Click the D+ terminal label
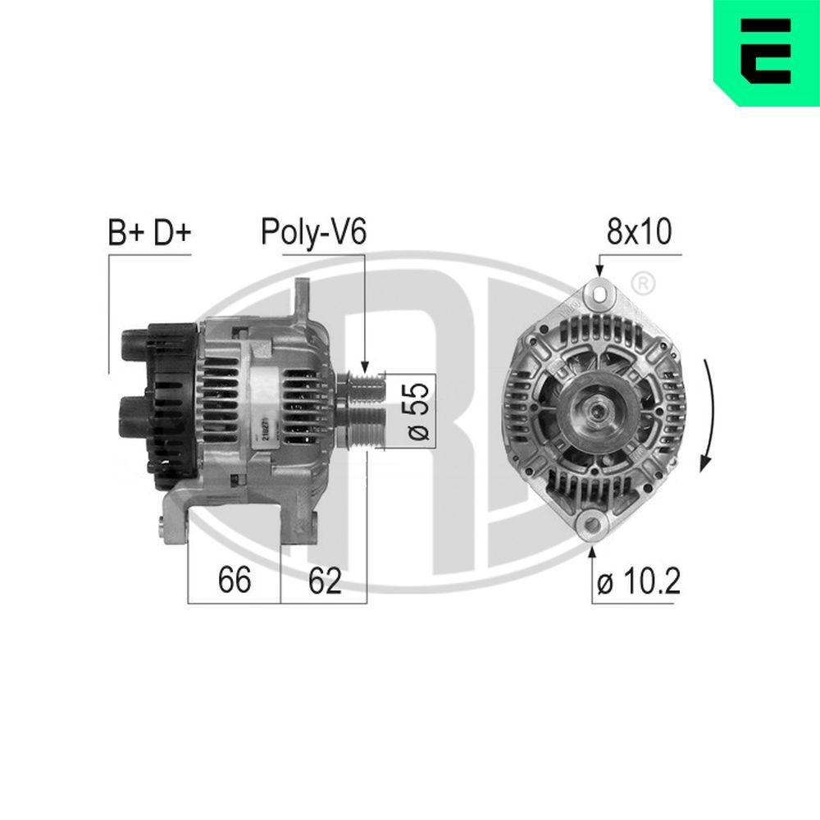(171, 233)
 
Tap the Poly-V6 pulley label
(313, 232)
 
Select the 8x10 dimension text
(639, 232)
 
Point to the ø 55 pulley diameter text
(417, 411)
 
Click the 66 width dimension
(235, 581)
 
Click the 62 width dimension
(325, 581)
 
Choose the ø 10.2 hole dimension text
(639, 582)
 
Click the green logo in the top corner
(767, 52)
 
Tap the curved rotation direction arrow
(710, 410)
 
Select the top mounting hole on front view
(599, 292)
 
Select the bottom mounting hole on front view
(592, 525)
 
